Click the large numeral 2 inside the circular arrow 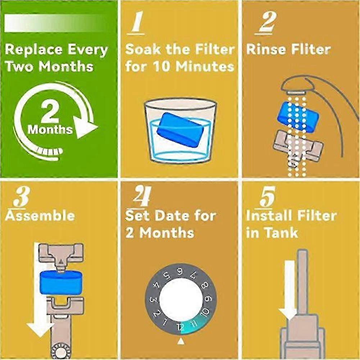click(50, 113)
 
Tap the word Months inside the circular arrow click(50, 129)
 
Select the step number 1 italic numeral click(137, 24)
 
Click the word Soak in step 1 click(141, 49)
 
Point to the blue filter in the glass click(180, 129)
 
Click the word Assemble click(40, 215)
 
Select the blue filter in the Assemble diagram click(61, 282)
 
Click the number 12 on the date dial click(181, 326)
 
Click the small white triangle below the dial click(181, 340)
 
